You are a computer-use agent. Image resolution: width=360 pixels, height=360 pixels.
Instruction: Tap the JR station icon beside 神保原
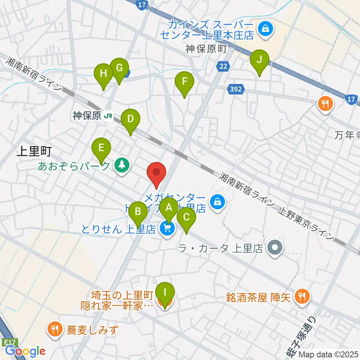coord(108,116)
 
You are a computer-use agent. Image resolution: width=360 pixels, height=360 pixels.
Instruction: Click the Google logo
coord(25,351)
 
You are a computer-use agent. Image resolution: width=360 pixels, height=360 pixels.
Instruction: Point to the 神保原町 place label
coord(206,49)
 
